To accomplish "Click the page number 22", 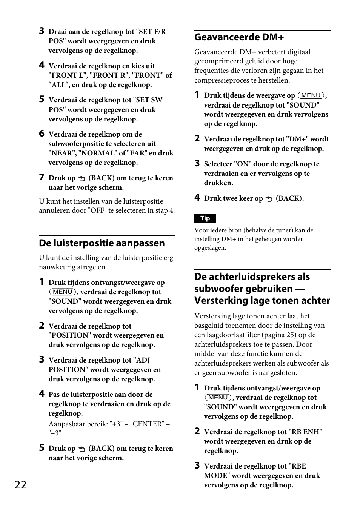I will point(21,485).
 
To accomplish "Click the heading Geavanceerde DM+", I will point(239,37).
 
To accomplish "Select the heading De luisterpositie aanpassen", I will point(102,243).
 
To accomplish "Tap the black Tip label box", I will point(205,218).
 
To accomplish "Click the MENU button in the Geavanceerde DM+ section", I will point(311,95).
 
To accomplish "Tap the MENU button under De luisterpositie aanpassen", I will point(63,292).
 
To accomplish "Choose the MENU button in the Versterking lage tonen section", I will point(218,398).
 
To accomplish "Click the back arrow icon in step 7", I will point(82,178).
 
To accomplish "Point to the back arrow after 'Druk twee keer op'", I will point(269,199).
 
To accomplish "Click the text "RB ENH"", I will point(305,432).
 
